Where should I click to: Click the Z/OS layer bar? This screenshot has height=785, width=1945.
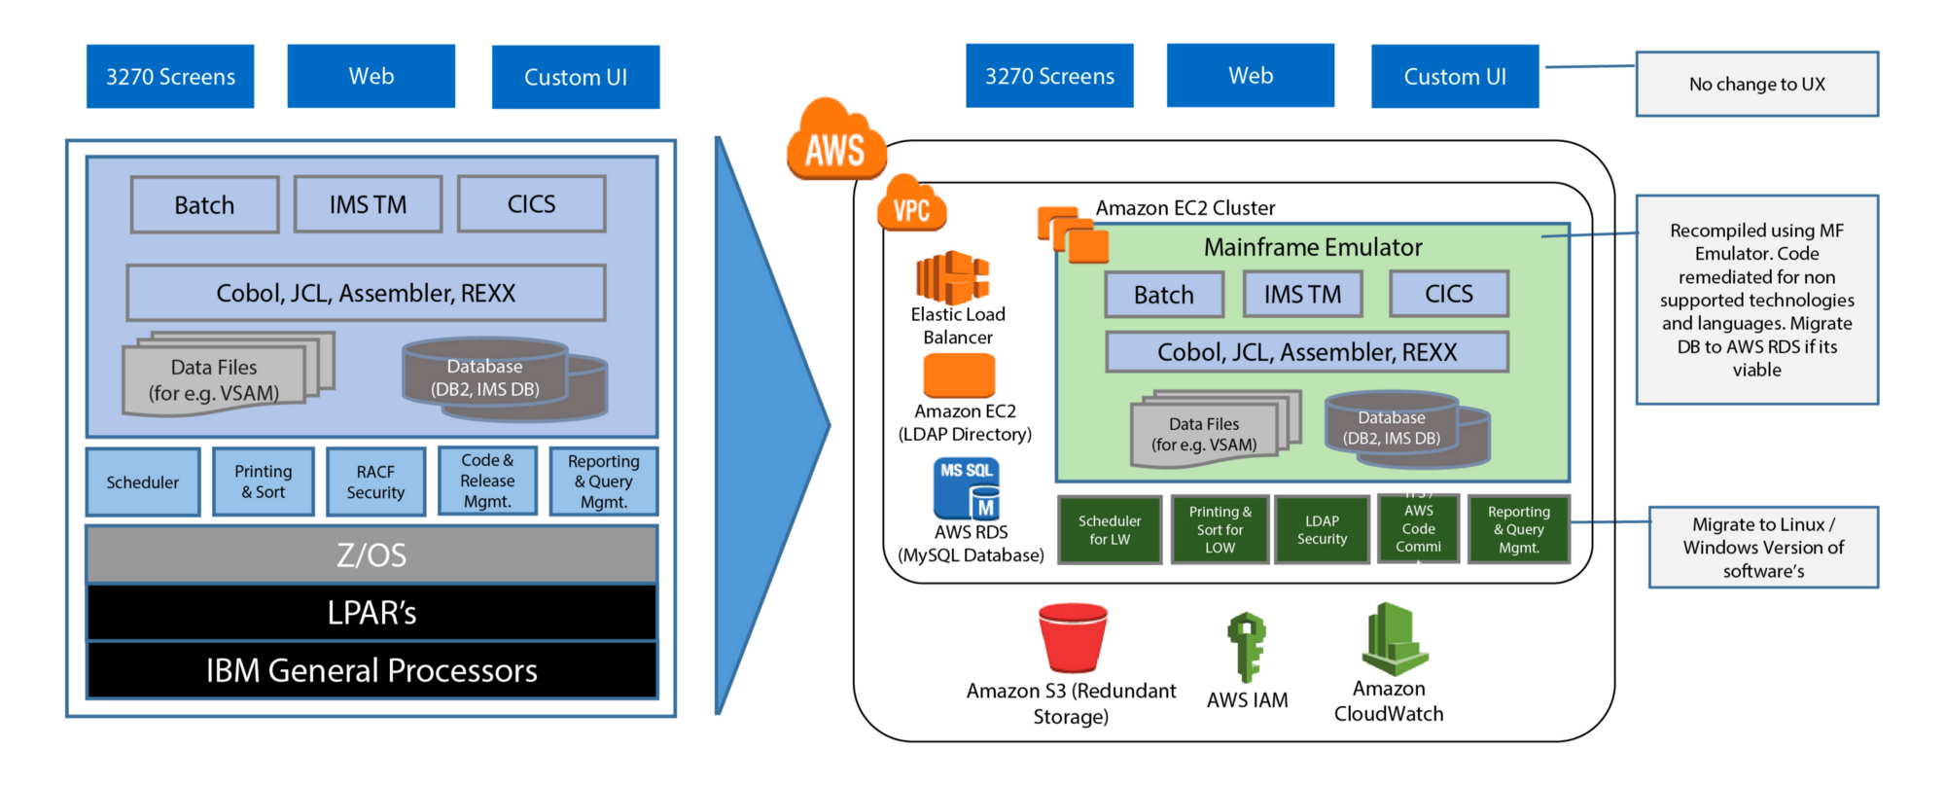(x=371, y=554)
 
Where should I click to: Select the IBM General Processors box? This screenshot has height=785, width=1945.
(x=371, y=670)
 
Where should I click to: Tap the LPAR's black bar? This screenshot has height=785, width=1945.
(x=371, y=613)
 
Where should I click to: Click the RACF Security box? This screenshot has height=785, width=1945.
(x=375, y=482)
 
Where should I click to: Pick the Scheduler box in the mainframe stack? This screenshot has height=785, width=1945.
(x=143, y=482)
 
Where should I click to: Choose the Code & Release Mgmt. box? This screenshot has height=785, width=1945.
(x=487, y=481)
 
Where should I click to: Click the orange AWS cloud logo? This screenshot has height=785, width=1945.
(x=834, y=141)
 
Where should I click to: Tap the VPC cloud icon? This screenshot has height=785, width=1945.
(x=911, y=204)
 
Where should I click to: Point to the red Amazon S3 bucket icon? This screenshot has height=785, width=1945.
(x=1073, y=638)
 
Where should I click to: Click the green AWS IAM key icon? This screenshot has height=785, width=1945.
(x=1247, y=646)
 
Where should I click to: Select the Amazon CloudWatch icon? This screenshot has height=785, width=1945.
(x=1395, y=639)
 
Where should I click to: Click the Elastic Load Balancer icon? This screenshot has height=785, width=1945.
(x=952, y=277)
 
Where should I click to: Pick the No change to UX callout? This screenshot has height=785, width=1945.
(x=1756, y=85)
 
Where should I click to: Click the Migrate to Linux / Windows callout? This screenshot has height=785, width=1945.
(x=1763, y=548)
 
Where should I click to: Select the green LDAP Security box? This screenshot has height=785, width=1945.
(x=1322, y=529)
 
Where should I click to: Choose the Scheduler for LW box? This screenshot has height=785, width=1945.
(x=1110, y=529)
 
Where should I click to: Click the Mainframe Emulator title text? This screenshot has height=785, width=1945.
(x=1313, y=247)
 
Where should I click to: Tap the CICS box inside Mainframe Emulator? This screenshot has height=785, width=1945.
(x=1448, y=294)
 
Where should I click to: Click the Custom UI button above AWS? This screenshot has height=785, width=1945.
(x=1455, y=76)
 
